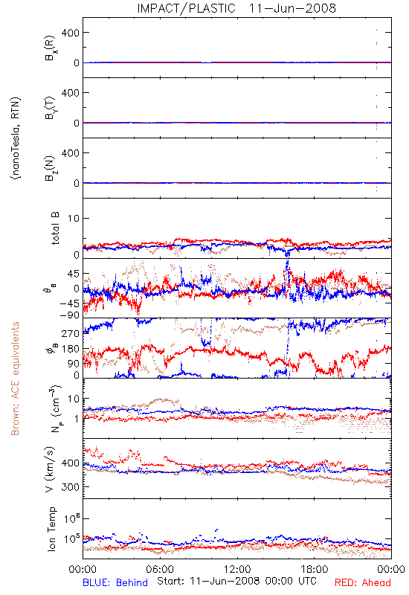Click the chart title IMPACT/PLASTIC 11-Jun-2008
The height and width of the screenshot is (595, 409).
point(236,8)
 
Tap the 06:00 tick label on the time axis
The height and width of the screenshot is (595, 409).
point(160,569)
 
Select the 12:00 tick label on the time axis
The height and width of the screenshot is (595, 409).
point(237,569)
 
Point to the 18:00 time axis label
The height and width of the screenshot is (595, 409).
point(315,569)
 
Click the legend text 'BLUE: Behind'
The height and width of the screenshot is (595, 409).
point(115,582)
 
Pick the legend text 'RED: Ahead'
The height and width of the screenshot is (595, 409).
point(362,582)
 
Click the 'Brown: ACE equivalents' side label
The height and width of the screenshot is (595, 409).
point(15,379)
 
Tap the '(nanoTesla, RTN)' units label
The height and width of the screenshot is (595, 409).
point(16,138)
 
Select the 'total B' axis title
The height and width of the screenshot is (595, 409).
point(54,228)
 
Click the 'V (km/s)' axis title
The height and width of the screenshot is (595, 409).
point(50,469)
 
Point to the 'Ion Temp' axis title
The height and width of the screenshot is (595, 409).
point(51,529)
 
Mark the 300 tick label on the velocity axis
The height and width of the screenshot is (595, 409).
point(71,487)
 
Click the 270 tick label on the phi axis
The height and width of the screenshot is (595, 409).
point(71,333)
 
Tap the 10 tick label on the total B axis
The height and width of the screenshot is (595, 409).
point(74,219)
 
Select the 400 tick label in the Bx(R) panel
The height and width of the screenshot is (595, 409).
point(71,33)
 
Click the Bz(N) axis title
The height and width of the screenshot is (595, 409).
point(51,168)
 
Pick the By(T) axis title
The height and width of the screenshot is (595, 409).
point(51,108)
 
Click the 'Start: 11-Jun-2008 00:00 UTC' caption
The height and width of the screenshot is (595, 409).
point(236,581)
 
